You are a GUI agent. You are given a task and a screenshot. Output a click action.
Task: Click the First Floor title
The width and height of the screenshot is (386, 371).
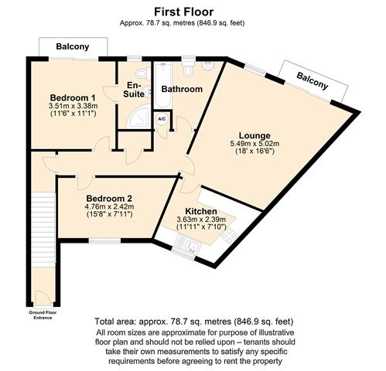pyautogui.click(x=184, y=12)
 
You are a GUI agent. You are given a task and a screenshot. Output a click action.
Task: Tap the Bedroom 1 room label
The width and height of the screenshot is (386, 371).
pyautogui.click(x=73, y=97)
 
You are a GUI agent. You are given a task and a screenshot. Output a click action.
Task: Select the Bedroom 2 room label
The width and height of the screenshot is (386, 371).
pyautogui.click(x=109, y=199)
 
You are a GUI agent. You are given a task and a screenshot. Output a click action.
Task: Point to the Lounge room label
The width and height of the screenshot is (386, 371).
pyautogui.click(x=254, y=135)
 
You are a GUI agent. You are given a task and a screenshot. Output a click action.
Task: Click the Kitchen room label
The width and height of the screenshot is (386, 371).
pyautogui.click(x=201, y=211)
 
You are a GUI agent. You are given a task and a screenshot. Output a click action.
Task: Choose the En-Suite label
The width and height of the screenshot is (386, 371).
pyautogui.click(x=134, y=90)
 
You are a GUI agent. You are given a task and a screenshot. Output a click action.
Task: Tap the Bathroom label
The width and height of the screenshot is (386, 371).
pyautogui.click(x=182, y=89)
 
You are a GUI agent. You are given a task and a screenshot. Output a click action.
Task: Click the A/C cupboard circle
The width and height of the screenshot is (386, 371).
pyautogui.click(x=162, y=119)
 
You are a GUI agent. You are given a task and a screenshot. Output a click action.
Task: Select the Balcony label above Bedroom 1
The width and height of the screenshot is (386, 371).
pyautogui.click(x=73, y=46)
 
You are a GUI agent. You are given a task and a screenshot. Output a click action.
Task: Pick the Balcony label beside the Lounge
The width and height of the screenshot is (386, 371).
pyautogui.click(x=313, y=80)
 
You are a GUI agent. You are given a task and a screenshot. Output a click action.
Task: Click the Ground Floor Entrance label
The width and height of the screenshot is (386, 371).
pyautogui.click(x=43, y=315)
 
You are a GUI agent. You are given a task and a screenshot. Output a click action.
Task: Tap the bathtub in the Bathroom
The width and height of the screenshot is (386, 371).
pyautogui.click(x=163, y=86)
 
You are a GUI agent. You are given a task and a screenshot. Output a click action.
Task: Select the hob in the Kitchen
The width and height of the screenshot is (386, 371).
pyautogui.click(x=230, y=236)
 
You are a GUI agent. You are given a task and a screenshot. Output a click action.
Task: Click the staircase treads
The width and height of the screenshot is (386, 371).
pyautogui.click(x=43, y=227)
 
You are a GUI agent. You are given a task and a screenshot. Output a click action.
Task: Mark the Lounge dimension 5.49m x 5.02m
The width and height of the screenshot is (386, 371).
pyautogui.click(x=254, y=144)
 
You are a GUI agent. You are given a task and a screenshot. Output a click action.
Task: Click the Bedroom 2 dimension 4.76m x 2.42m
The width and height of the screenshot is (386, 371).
pyautogui.click(x=109, y=206)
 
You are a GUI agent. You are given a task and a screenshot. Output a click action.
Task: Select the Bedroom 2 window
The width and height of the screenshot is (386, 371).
pyautogui.click(x=104, y=241)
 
